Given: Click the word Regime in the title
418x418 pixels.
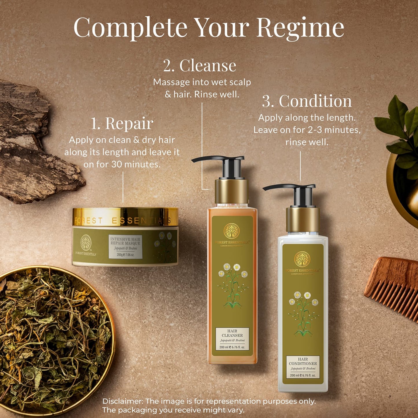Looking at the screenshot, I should tap(300, 28).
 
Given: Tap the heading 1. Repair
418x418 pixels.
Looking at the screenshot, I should tap(122, 124).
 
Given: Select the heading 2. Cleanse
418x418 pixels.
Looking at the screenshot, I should tap(199, 66).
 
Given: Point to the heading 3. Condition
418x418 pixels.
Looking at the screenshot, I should tap(307, 101).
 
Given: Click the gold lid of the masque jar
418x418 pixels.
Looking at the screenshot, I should tap(125, 217).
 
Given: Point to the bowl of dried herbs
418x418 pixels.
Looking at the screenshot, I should tap(52, 338).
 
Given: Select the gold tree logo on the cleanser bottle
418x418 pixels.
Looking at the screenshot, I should tap(231, 231).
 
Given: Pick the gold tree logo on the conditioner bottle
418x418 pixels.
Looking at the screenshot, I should tap(302, 259).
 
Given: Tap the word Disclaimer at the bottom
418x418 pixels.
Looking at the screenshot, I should tap(123, 401).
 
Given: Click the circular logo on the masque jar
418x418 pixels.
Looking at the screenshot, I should tap(86, 242).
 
